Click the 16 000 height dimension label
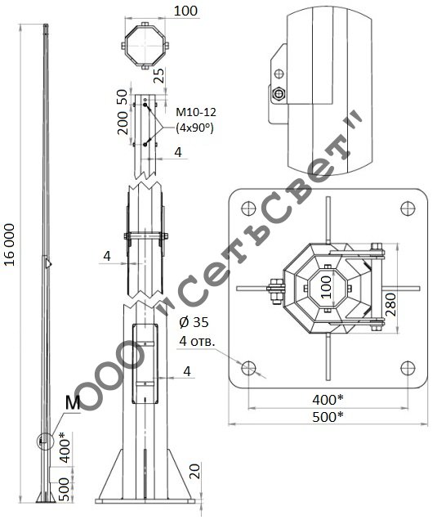coord(10,244)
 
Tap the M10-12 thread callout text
coord(196,112)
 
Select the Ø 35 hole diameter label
coord(194,322)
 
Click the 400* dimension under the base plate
coord(328,400)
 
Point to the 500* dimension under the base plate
coord(328,417)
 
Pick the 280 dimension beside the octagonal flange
coord(391,304)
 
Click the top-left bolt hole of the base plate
coord(248,208)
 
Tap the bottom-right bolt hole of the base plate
coord(408,368)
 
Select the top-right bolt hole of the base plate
coord(408,208)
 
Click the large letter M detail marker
coord(73,402)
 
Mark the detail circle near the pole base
coord(45,441)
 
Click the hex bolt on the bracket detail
coord(279,94)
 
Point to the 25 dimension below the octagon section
coord(160,75)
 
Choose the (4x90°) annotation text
coord(194,128)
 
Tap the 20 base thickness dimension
coord(195,471)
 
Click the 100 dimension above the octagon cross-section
coord(185,11)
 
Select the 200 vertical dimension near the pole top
coord(123,123)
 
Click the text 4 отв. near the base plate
coord(197,341)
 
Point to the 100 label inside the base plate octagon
coord(327,287)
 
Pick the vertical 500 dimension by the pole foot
coord(64,489)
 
